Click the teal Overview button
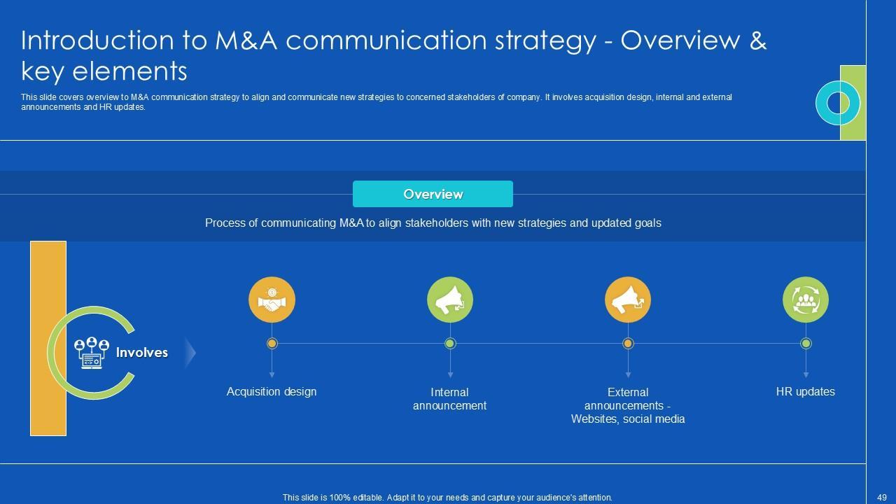click(433, 194)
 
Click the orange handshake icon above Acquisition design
click(272, 300)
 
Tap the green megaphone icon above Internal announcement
click(450, 300)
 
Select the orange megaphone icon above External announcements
click(628, 300)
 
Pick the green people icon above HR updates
click(806, 300)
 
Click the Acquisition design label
click(272, 391)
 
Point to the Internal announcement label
click(449, 399)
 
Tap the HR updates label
click(805, 391)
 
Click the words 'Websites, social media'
click(628, 419)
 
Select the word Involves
click(142, 353)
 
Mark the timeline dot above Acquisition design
click(272, 343)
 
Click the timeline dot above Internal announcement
click(450, 343)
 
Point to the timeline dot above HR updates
click(806, 343)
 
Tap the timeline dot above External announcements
click(628, 343)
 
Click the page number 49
click(881, 498)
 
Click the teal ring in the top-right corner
click(837, 103)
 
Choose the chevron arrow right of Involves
click(190, 353)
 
